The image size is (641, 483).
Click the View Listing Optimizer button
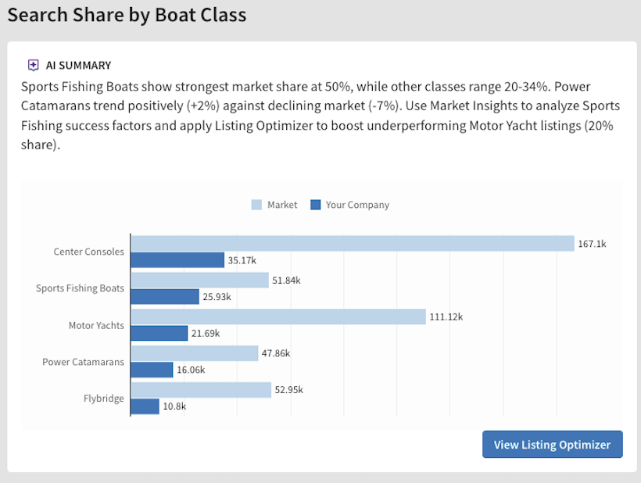tap(552, 444)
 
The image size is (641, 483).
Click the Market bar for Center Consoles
tap(352, 244)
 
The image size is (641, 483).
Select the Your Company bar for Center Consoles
tap(177, 260)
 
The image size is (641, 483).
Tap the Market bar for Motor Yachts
tap(278, 317)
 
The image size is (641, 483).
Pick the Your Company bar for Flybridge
tap(145, 406)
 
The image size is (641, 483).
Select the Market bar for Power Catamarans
tap(194, 353)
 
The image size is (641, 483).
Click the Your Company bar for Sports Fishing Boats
tap(165, 297)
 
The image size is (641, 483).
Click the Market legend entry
tap(274, 205)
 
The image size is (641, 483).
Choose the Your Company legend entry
tap(349, 205)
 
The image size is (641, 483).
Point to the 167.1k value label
tap(592, 244)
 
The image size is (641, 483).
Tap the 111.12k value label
tap(446, 317)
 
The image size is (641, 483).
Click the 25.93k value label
tap(218, 297)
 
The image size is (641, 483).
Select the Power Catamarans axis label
tap(83, 362)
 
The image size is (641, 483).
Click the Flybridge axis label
tap(104, 399)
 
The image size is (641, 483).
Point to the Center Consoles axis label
tap(88, 252)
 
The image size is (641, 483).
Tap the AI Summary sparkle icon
tap(33, 66)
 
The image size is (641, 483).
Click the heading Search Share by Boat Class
tap(127, 15)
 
